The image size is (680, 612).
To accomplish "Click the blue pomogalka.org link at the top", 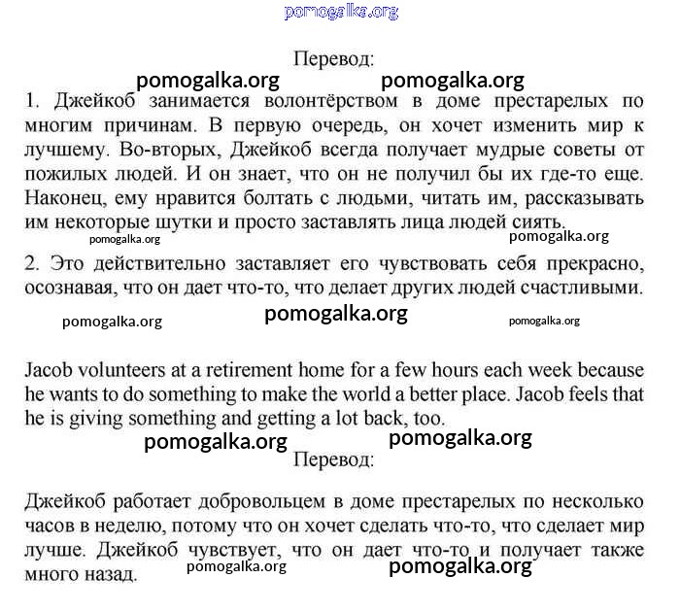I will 341,12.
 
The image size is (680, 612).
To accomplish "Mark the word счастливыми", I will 584,289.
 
